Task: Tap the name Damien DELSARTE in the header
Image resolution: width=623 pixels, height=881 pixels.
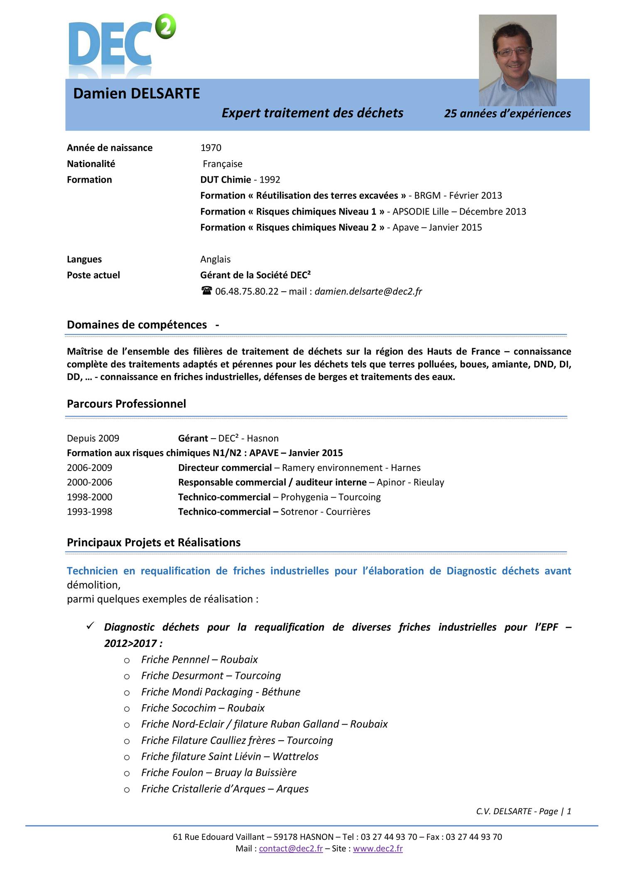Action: [136, 94]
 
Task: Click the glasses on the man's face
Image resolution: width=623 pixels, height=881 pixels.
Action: [513, 52]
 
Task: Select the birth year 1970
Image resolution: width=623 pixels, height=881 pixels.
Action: [211, 148]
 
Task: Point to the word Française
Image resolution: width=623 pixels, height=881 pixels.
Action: [222, 164]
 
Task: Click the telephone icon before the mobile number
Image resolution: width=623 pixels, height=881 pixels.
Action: [206, 291]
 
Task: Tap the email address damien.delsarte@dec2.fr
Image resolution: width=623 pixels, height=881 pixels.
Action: [368, 291]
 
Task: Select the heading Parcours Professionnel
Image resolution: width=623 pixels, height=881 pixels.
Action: [126, 404]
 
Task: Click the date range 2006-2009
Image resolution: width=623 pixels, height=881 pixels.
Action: [89, 468]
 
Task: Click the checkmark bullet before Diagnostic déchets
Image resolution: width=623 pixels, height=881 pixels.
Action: [91, 626]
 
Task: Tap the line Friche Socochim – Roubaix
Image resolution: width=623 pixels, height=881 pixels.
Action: [203, 708]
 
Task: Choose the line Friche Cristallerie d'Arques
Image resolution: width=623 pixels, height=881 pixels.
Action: [225, 789]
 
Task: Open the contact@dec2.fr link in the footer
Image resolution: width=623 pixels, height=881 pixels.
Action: [291, 849]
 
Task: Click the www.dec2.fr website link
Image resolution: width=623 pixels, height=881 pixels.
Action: [378, 849]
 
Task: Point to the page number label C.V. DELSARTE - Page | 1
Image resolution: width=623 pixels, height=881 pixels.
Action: [523, 811]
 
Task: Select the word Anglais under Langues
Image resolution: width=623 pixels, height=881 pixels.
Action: [215, 259]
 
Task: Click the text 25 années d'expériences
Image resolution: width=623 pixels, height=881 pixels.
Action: [507, 113]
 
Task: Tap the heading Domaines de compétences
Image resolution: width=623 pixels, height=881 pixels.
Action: [137, 325]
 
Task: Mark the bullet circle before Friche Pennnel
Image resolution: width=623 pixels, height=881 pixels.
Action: [127, 660]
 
